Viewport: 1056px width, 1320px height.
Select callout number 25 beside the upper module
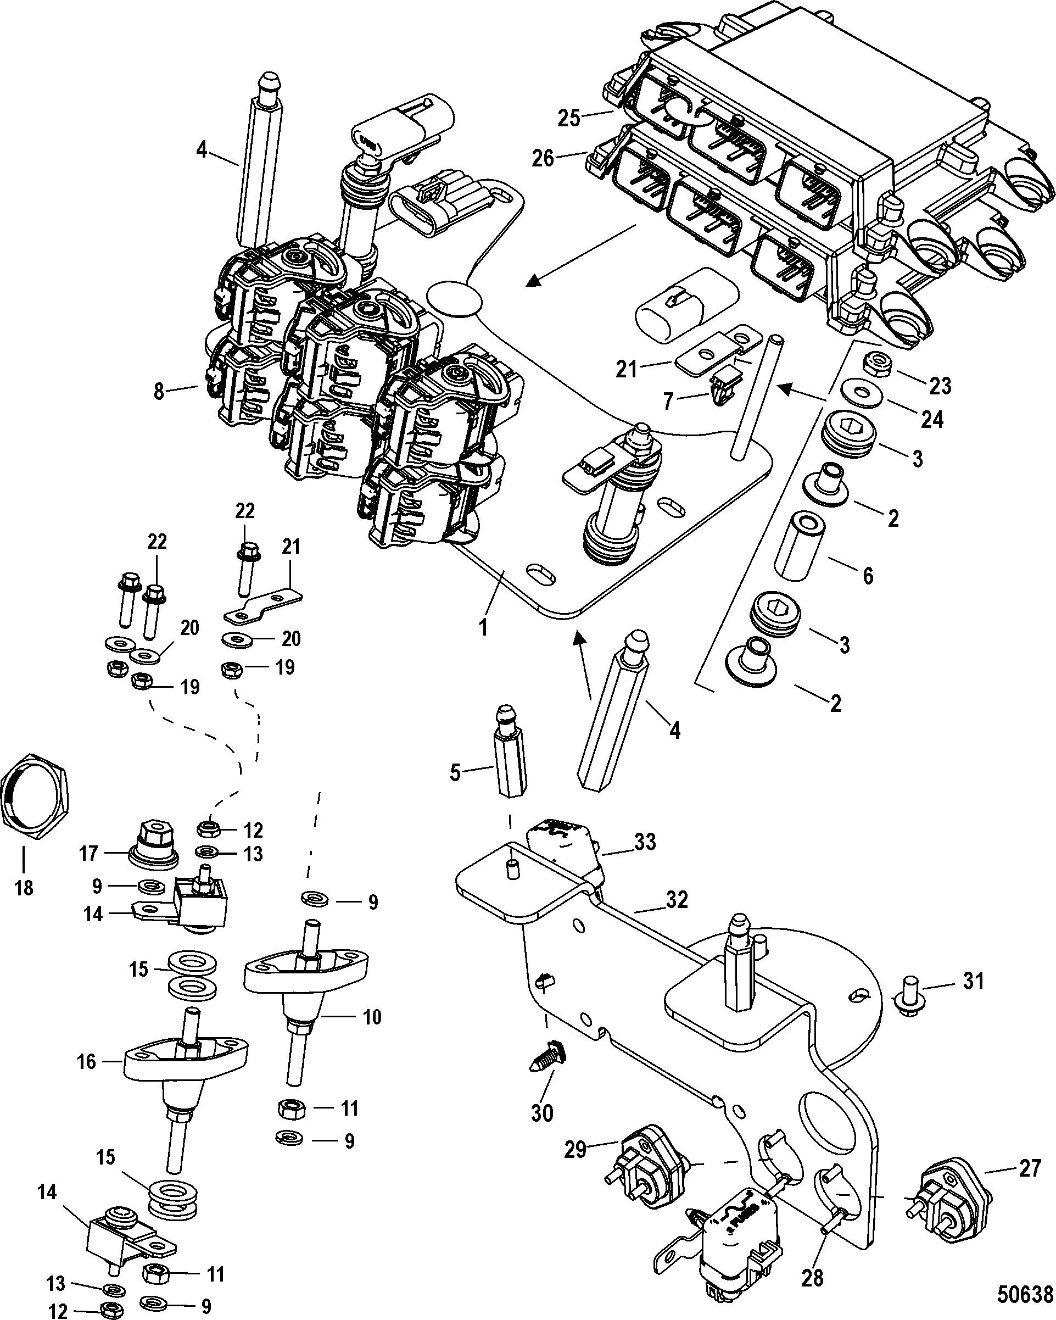click(569, 117)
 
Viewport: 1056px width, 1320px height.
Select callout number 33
click(645, 842)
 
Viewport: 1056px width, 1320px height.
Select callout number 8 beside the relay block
click(159, 391)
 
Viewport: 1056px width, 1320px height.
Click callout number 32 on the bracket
click(677, 900)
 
